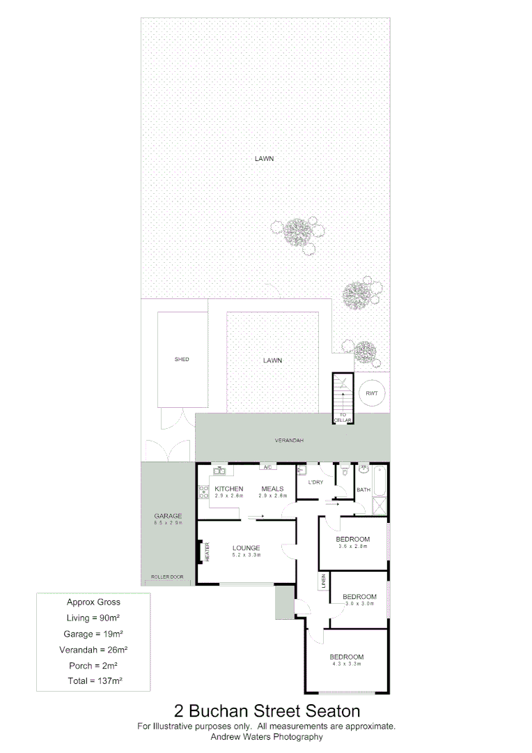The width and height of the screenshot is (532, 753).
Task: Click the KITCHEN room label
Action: pyautogui.click(x=228, y=489)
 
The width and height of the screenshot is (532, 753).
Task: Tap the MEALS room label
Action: pyautogui.click(x=272, y=489)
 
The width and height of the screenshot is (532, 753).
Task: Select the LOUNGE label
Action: pyautogui.click(x=246, y=548)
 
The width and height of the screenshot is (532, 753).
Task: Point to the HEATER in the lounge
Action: pyautogui.click(x=207, y=552)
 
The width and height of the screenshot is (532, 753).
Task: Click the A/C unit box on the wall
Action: pyautogui.click(x=267, y=467)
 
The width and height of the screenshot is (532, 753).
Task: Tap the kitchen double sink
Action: pyautogui.click(x=218, y=471)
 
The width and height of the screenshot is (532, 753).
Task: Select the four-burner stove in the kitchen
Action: pyautogui.click(x=204, y=493)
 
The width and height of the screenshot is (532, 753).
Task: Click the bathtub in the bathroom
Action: pyautogui.click(x=380, y=480)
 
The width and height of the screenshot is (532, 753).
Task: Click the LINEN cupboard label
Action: pyautogui.click(x=324, y=581)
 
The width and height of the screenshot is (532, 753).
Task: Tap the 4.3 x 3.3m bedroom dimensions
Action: pyautogui.click(x=346, y=665)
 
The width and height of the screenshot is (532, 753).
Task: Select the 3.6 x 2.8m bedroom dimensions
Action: pyautogui.click(x=352, y=547)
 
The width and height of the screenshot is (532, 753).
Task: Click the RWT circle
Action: pyautogui.click(x=372, y=393)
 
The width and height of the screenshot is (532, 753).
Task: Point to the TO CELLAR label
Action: pyautogui.click(x=343, y=417)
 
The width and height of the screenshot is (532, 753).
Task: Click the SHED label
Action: pyautogui.click(x=182, y=360)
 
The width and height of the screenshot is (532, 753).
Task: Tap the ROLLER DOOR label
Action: pyautogui.click(x=166, y=577)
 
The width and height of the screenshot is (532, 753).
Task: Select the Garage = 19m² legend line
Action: pyautogui.click(x=93, y=634)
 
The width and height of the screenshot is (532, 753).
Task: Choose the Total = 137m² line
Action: pyautogui.click(x=93, y=680)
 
